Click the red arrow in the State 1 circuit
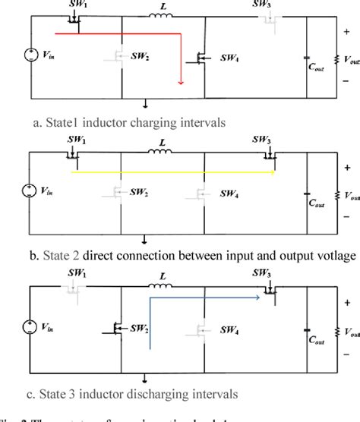[122, 33]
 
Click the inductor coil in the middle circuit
[162, 152]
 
